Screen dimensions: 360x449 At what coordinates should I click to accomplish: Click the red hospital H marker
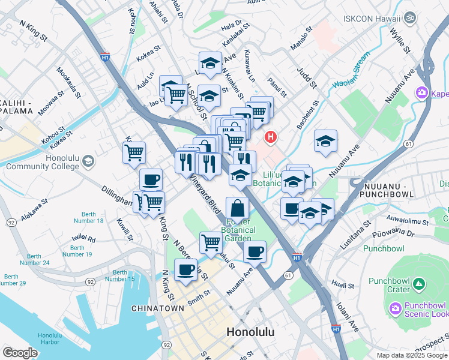click(x=271, y=137)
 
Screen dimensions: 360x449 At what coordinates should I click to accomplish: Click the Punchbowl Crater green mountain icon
click(x=420, y=283)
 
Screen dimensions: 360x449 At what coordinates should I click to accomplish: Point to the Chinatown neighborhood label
click(x=157, y=308)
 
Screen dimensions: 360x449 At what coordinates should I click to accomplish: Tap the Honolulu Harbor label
click(x=49, y=339)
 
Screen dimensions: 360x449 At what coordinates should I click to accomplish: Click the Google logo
click(x=20, y=353)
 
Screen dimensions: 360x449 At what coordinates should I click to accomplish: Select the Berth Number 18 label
click(x=92, y=217)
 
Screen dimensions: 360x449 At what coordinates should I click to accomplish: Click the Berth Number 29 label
click(x=14, y=280)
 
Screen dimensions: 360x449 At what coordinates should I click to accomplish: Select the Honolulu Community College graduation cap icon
click(x=88, y=161)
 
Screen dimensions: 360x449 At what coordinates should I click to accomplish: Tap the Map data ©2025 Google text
click(x=411, y=355)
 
